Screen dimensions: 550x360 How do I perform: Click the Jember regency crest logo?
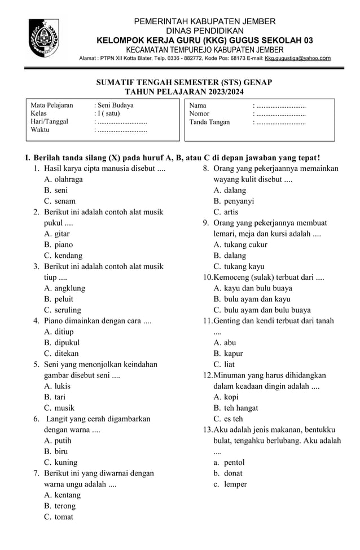43,38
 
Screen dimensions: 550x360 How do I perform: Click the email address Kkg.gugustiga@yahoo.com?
298,58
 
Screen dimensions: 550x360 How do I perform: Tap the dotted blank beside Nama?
281,105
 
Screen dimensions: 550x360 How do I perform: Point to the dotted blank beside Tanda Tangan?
281,121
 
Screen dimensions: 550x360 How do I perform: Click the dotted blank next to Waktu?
122,130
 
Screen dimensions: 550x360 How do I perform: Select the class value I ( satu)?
109,113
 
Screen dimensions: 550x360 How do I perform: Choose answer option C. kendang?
63,256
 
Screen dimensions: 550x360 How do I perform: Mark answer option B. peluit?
59,299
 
